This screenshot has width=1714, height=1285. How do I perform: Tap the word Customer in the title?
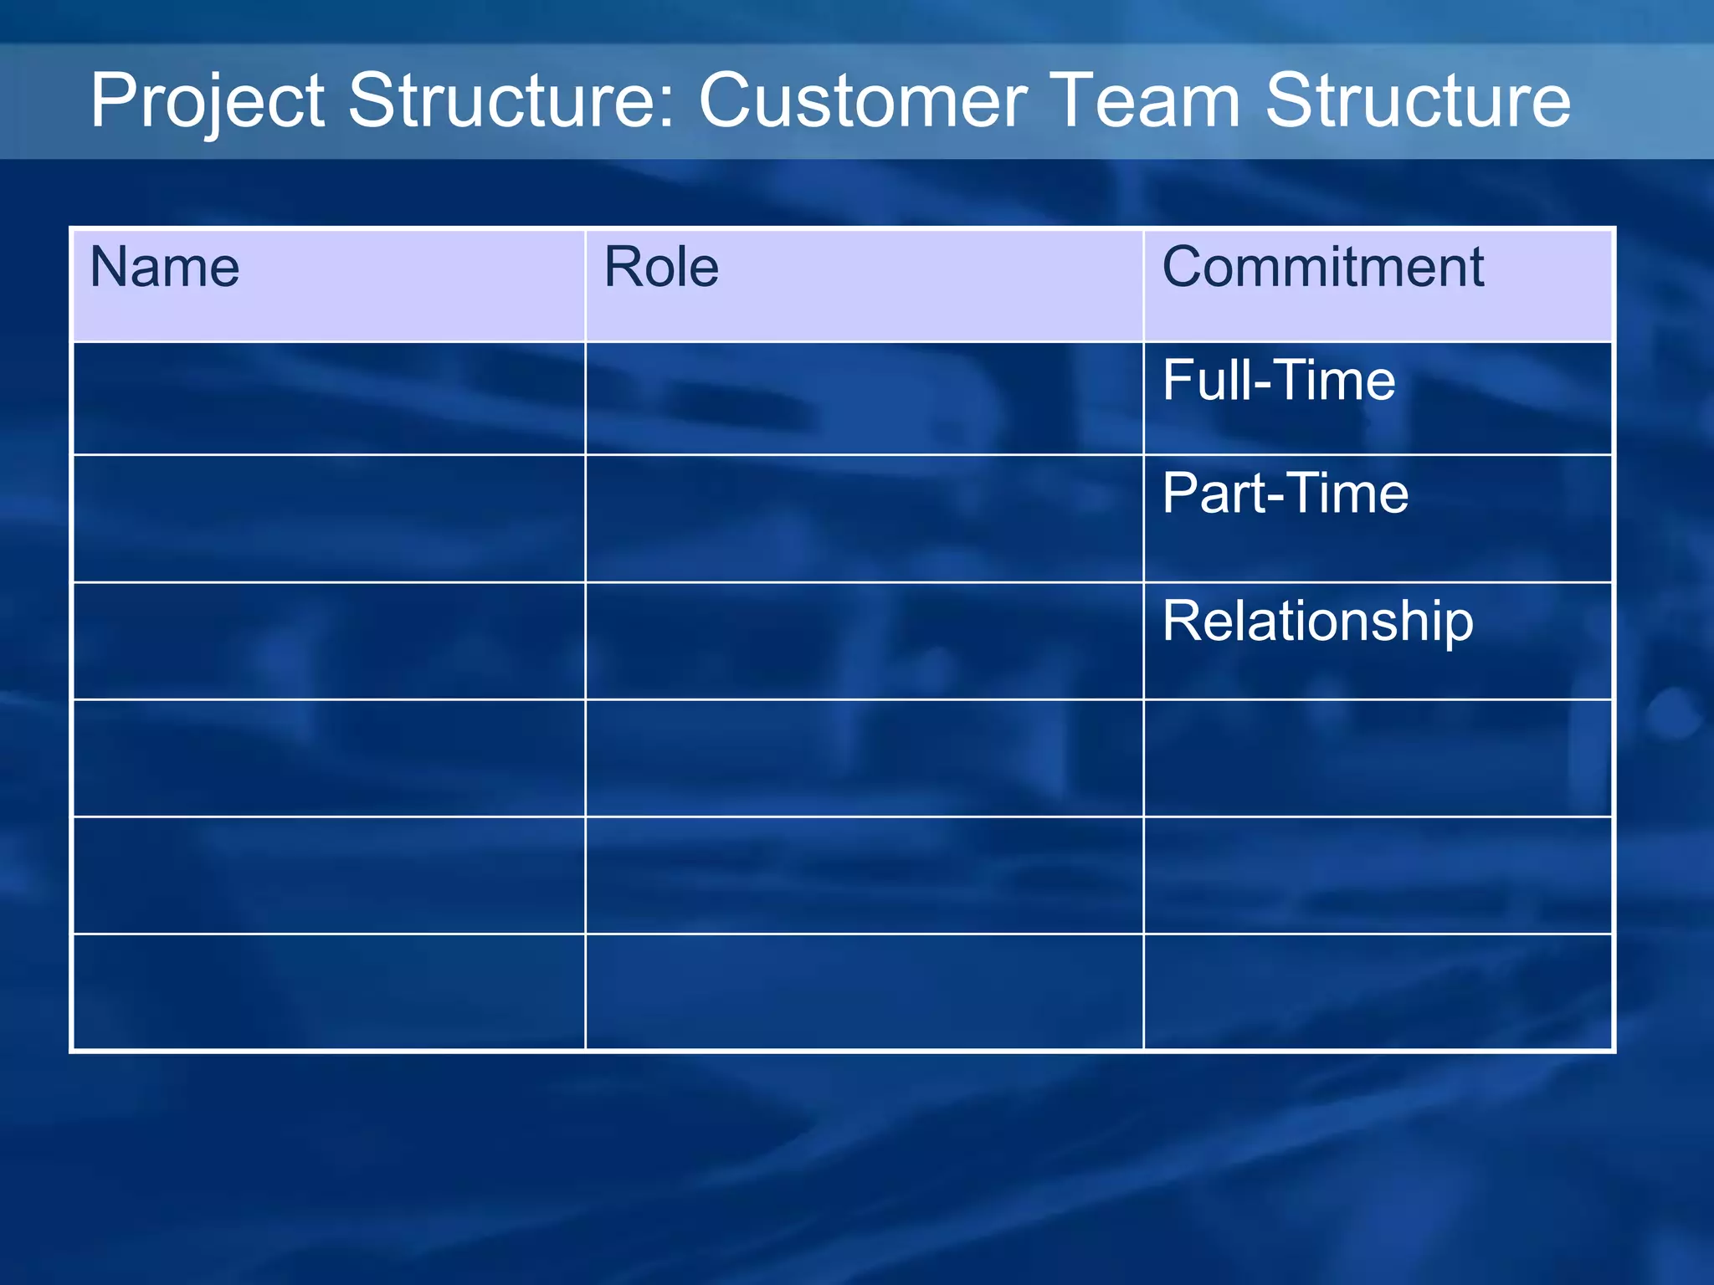862,100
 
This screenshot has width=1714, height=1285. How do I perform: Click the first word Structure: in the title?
511,100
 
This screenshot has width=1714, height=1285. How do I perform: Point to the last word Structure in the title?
1418,100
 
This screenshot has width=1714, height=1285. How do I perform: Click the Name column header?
165,268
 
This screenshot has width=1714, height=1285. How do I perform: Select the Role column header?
661,268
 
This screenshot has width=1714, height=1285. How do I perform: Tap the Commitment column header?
1322,268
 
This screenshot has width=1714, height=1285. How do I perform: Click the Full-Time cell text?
1278,381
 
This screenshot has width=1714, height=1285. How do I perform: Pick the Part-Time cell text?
1285,493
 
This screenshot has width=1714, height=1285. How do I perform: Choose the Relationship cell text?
1317,622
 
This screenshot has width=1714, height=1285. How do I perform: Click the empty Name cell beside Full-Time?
329,398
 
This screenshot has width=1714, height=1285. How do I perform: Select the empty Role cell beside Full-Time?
864,398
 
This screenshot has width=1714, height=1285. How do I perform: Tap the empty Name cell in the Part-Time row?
329,519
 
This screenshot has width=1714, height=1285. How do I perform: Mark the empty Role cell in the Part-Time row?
864,519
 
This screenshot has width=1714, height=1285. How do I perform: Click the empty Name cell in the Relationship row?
329,641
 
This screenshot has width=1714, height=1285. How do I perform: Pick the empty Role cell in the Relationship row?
864,641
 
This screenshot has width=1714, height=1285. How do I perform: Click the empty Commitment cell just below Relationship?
1378,758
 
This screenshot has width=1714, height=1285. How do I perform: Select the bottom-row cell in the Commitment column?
1378,991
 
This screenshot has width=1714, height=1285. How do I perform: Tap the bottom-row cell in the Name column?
329,991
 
